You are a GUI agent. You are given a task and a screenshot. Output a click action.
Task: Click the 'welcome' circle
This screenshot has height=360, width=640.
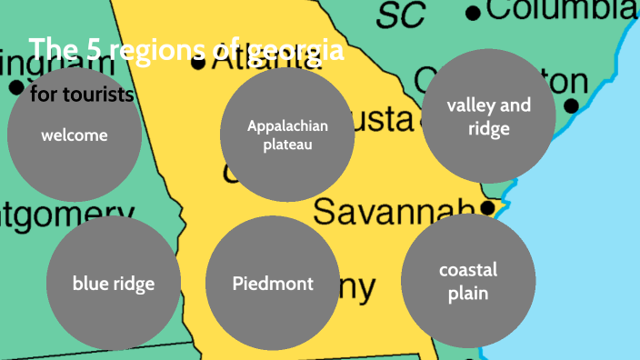(75, 135)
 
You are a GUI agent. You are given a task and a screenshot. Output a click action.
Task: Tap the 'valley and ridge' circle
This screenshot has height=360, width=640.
(488, 116)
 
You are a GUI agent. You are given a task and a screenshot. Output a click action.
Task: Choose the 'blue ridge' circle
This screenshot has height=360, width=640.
(113, 283)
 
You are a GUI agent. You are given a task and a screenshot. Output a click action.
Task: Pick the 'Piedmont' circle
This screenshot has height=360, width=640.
(272, 283)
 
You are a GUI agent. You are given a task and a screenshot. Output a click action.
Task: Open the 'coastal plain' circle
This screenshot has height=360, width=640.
(467, 281)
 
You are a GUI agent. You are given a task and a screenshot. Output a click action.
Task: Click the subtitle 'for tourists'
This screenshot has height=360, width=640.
(82, 95)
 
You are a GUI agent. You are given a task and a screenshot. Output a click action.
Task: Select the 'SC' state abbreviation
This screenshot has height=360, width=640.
(401, 14)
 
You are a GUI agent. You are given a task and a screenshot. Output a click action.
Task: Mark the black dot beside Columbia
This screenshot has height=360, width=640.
(473, 13)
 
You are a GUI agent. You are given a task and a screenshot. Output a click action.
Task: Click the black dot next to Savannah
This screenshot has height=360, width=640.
(488, 208)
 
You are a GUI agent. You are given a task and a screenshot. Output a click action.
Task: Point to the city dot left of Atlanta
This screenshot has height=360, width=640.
(198, 63)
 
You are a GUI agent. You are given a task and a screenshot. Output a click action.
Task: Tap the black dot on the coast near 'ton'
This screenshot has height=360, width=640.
(571, 106)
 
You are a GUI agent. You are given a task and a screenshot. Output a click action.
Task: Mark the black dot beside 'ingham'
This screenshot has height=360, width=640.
(15, 88)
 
